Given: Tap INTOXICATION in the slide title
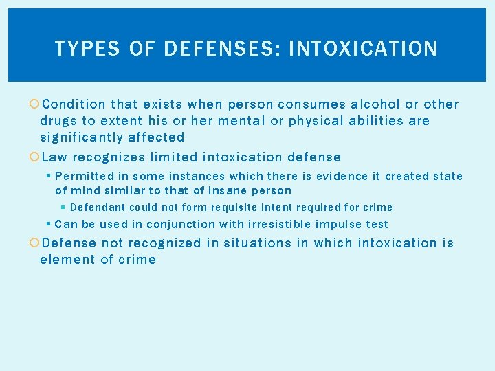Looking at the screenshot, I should click(x=363, y=49).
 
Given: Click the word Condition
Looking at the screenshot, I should click(x=74, y=104).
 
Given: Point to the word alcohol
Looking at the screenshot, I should click(x=375, y=104).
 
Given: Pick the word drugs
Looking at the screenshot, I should click(x=58, y=121).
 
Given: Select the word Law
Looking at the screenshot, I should click(x=54, y=157).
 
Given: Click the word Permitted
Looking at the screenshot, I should click(x=85, y=177).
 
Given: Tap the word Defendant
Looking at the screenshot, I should click(x=97, y=207).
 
